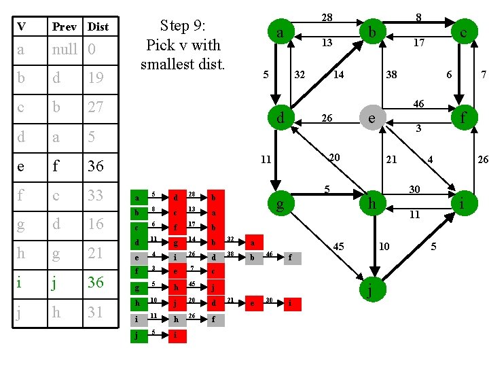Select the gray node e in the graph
[371, 118]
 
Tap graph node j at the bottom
[370, 292]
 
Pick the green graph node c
[463, 31]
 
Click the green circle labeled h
[372, 204]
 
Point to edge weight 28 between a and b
[327, 16]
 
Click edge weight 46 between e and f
[419, 103]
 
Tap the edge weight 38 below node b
[392, 75]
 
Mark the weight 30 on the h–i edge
[414, 189]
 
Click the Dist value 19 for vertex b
[96, 78]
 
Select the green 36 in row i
[96, 283]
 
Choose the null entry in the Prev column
[66, 49]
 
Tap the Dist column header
[98, 27]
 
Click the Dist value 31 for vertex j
[96, 312]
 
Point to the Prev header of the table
[63, 27]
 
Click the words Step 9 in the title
[183, 26]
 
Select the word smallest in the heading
[183, 65]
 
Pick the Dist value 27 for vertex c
[96, 107]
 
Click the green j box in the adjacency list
[138, 335]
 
